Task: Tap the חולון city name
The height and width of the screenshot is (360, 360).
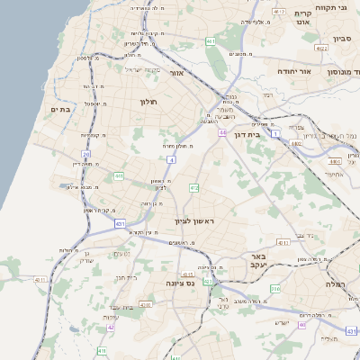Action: pyautogui.click(x=148, y=102)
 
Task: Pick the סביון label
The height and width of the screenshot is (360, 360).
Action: pyautogui.click(x=341, y=39)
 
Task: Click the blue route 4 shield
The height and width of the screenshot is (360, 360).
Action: pyautogui.click(x=171, y=159)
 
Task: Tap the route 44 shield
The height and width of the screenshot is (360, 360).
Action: pyautogui.click(x=221, y=132)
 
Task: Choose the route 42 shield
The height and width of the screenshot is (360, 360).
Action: pyautogui.click(x=111, y=327)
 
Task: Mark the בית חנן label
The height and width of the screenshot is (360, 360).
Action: pyautogui.click(x=126, y=277)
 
